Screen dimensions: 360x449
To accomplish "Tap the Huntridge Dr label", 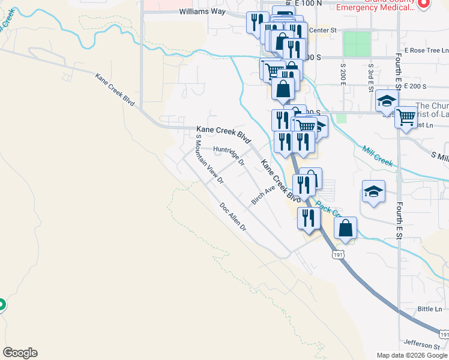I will (x=229, y=153).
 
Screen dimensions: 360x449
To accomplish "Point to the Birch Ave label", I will (x=262, y=194).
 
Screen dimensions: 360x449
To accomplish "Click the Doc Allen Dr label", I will (x=233, y=217).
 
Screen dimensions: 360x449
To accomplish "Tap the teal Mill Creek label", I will (x=376, y=155).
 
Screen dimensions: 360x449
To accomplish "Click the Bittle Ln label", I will (x=429, y=309).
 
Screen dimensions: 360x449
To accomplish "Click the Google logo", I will (x=20, y=353).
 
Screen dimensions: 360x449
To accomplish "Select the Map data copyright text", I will (x=412, y=355).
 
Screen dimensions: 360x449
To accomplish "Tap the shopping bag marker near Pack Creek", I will (x=345, y=229).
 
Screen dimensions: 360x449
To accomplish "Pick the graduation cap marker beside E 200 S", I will (x=387, y=101).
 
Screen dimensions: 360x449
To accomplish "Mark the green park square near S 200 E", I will (x=357, y=43).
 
